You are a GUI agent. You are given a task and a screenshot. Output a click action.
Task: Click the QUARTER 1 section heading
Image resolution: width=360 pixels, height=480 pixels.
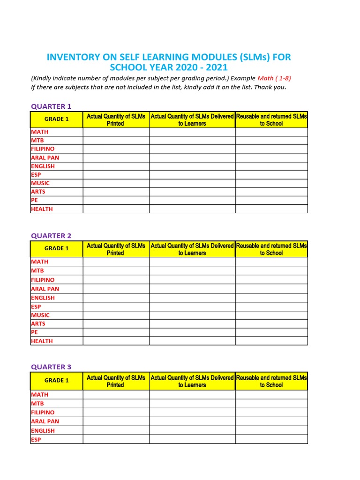[x=51, y=106]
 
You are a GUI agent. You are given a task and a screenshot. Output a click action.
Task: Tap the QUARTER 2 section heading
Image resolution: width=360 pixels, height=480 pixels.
[x=51, y=236]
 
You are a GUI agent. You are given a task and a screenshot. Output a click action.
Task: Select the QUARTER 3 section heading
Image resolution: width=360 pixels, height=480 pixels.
[x=51, y=367]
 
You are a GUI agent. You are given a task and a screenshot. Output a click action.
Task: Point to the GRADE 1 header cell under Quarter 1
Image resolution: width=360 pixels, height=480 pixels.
[x=57, y=119]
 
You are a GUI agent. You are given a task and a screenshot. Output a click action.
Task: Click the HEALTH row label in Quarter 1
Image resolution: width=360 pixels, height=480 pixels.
[x=42, y=209]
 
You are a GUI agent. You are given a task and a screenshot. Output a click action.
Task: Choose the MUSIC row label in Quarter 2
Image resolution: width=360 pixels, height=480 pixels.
[x=40, y=315]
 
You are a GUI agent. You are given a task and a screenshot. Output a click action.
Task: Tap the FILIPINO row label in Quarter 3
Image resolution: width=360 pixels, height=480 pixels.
[x=43, y=412]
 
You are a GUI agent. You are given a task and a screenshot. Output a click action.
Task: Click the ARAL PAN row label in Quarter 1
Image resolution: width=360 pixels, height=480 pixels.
[x=45, y=157]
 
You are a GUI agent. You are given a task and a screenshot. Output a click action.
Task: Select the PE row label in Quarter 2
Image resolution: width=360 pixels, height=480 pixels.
[x=35, y=332]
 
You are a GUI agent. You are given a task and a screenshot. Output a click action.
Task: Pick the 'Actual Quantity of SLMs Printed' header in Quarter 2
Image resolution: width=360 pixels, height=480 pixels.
[x=116, y=249]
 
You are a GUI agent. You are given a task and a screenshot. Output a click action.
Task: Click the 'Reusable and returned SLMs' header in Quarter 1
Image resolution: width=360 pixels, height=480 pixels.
[x=271, y=120]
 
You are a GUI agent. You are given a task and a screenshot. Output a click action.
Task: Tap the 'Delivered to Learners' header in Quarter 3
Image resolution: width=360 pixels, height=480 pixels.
[x=192, y=381]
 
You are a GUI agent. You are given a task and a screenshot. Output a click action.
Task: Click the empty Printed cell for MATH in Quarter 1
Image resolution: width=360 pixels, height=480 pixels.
[x=116, y=132]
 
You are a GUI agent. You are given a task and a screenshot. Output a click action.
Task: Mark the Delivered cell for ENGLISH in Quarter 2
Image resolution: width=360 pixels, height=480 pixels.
[x=192, y=298]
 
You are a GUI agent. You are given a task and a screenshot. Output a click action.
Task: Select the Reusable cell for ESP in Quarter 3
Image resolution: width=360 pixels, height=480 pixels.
[x=271, y=439]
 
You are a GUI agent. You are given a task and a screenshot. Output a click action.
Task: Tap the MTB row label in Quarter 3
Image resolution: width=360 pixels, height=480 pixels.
[x=37, y=404]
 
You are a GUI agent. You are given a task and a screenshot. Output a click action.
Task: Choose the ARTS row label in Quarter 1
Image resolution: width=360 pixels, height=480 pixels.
[x=38, y=192]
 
